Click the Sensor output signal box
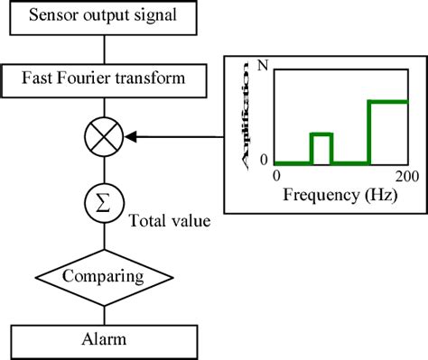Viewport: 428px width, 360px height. pyautogui.click(x=105, y=15)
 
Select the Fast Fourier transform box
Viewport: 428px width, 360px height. pyautogui.click(x=105, y=78)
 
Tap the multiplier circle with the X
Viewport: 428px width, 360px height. pyautogui.click(x=105, y=138)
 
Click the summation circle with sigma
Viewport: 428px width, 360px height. pyautogui.click(x=105, y=199)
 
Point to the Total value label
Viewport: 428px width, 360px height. pyautogui.click(x=171, y=218)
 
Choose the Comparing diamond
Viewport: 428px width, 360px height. pyautogui.click(x=105, y=272)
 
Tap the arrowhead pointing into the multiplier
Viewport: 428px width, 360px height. pyautogui.click(x=129, y=138)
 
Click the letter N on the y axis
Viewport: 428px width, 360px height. pyautogui.click(x=262, y=65)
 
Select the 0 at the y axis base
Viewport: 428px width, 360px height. pyautogui.click(x=264, y=161)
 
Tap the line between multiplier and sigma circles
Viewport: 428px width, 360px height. pyautogui.click(x=105, y=170)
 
